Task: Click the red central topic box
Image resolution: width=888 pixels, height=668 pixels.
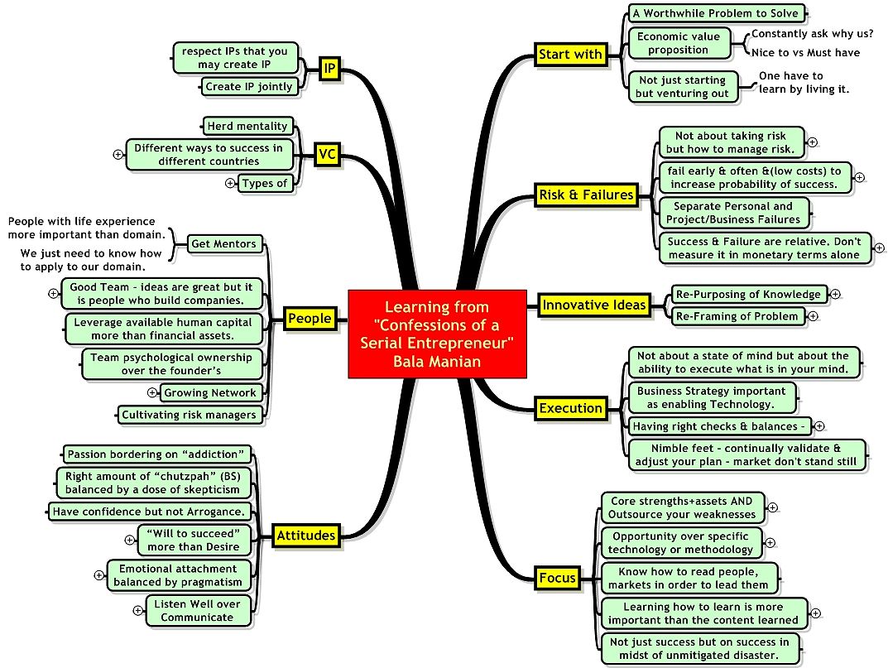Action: [437, 334]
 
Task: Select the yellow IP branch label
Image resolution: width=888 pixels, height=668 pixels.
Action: [329, 70]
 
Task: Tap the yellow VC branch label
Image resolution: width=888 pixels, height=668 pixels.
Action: [328, 155]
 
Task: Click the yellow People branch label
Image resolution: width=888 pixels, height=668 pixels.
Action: [310, 319]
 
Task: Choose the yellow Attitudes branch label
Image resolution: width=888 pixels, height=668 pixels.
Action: [306, 536]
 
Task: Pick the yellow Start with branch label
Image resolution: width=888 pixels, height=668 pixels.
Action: [570, 55]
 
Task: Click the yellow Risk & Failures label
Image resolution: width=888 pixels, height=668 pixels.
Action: [586, 195]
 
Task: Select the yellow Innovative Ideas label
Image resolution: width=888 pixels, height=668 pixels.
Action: [594, 305]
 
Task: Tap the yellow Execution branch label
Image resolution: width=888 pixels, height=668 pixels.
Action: [571, 409]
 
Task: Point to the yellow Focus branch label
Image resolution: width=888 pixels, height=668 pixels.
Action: [558, 578]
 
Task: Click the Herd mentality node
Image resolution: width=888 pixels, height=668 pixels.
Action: [247, 126]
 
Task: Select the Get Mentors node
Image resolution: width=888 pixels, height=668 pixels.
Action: [223, 243]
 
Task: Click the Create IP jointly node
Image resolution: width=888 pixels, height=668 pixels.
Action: [248, 87]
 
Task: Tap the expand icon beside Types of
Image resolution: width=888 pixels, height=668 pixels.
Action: [230, 183]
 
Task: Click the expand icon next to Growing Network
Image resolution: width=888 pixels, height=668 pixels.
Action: [151, 392]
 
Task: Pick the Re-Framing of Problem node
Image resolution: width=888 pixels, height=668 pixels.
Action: [737, 316]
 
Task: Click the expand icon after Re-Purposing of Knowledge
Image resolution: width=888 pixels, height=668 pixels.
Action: [835, 294]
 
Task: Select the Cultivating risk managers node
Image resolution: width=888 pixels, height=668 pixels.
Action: [190, 415]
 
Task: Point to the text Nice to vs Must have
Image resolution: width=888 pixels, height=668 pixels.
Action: [805, 53]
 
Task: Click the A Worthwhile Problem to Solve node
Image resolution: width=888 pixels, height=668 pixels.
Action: [716, 13]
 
